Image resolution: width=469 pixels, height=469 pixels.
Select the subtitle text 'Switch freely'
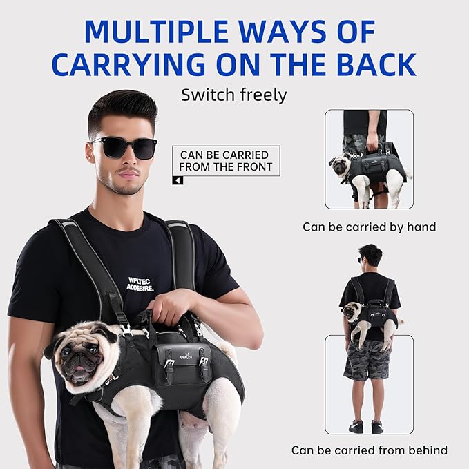coord(233,95)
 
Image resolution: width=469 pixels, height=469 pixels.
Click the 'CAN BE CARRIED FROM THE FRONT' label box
coord(226,161)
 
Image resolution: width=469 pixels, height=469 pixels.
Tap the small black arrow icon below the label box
coord(178,181)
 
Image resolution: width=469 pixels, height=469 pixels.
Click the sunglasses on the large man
coord(125,146)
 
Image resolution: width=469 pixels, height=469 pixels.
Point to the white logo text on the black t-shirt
coord(140,284)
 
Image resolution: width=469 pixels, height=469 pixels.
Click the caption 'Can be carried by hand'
coord(369,227)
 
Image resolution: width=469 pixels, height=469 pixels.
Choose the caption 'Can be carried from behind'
coord(369,450)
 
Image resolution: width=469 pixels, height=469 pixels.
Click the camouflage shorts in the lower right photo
coord(367,358)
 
